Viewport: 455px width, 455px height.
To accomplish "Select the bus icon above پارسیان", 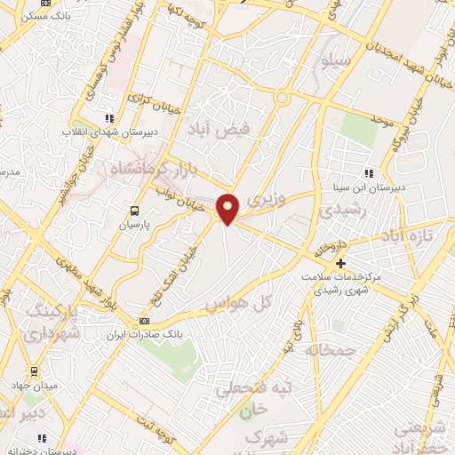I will coord(134,212).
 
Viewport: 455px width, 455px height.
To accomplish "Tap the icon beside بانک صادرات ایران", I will coord(145,322).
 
